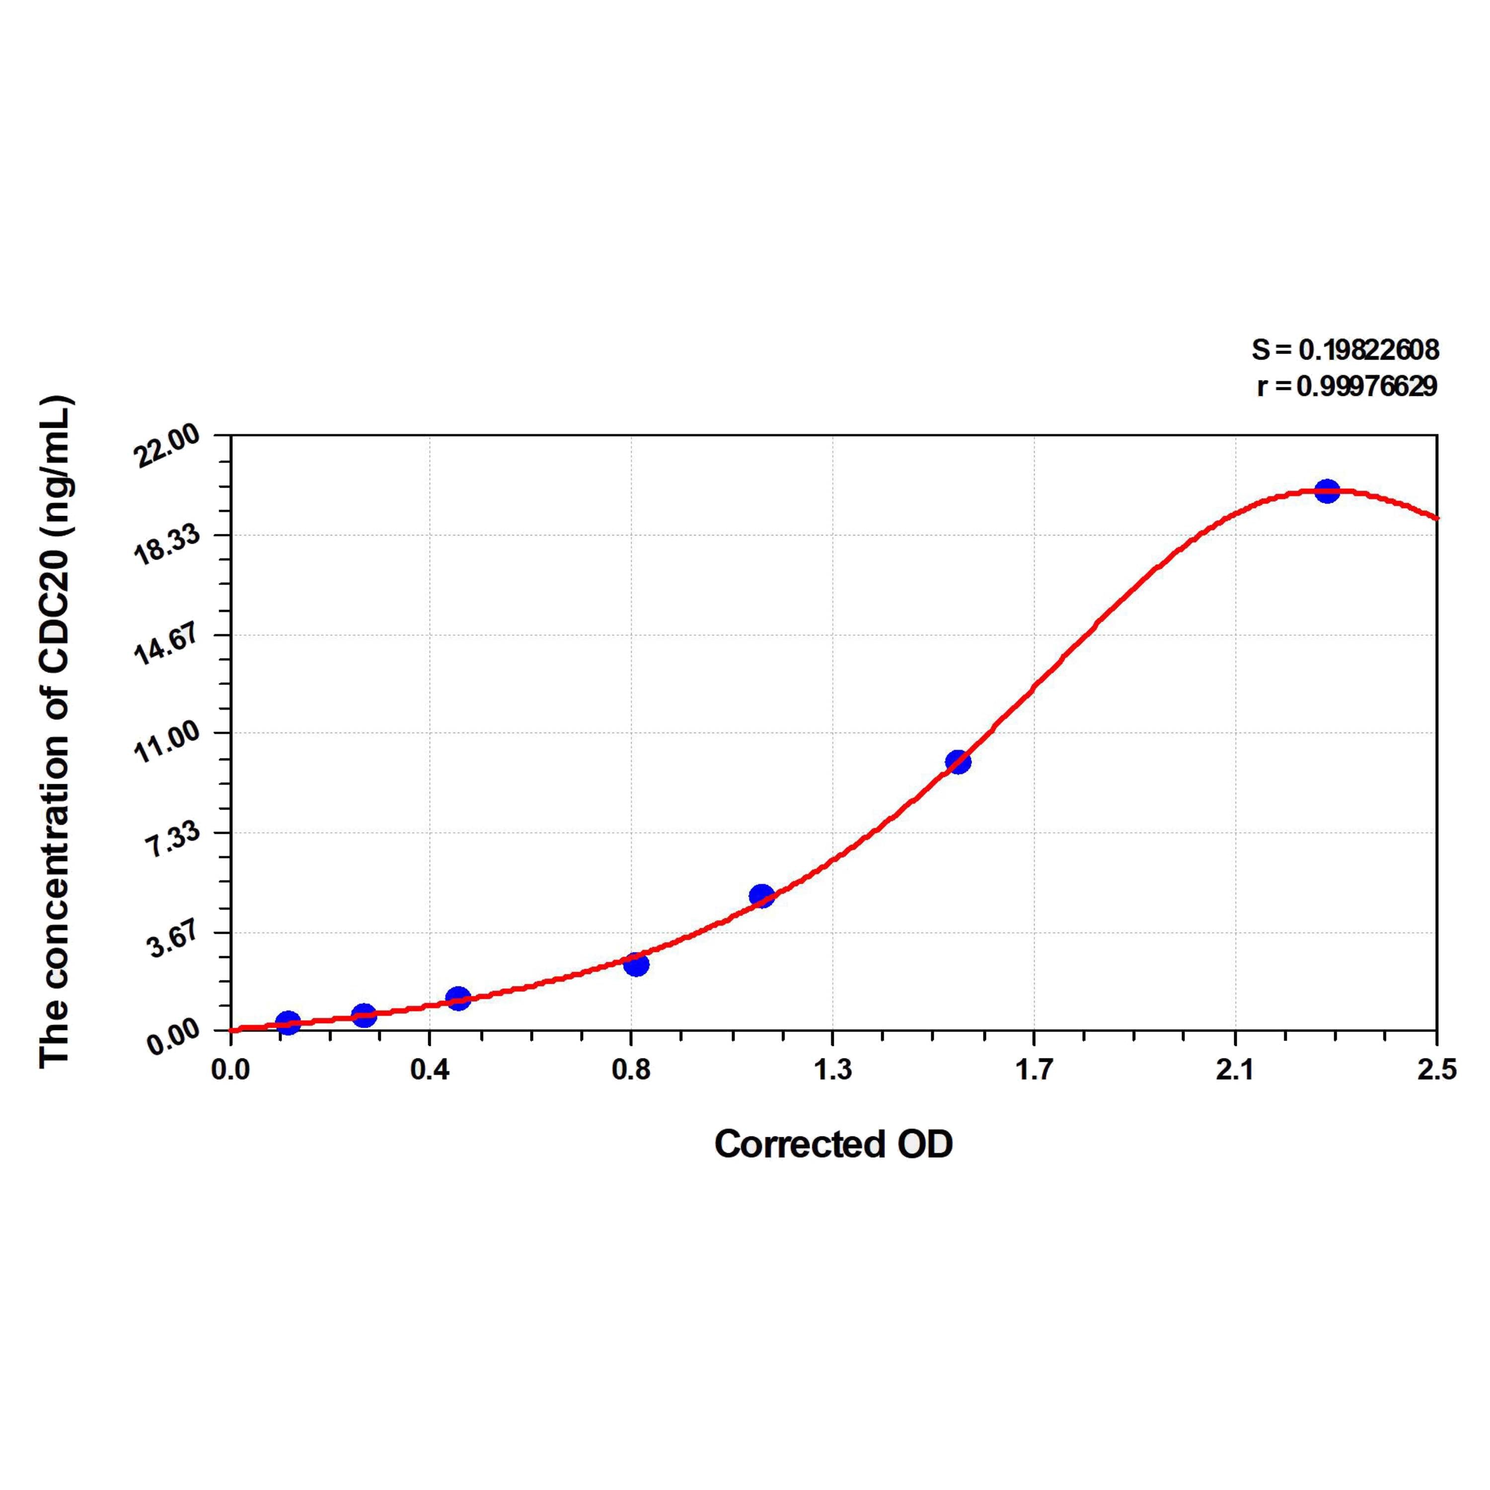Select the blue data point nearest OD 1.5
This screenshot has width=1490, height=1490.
pyautogui.click(x=957, y=762)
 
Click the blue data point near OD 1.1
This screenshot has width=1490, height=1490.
pyautogui.click(x=761, y=895)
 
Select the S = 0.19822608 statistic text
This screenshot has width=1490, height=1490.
pyautogui.click(x=1345, y=350)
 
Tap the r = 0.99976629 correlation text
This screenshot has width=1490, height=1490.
pyautogui.click(x=1346, y=386)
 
